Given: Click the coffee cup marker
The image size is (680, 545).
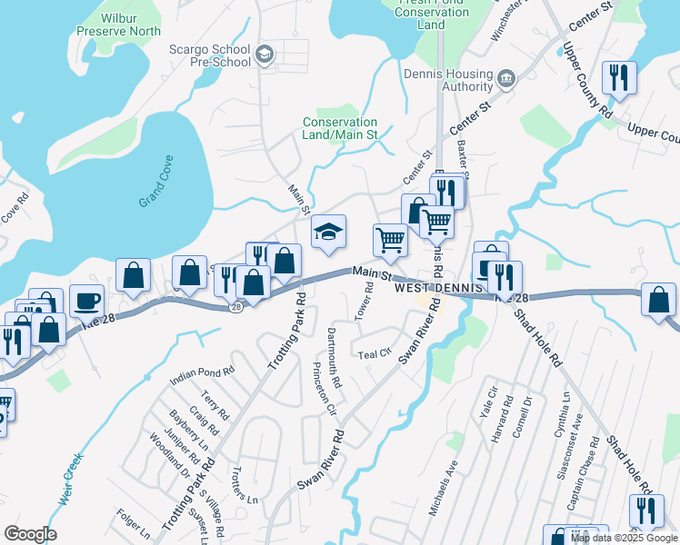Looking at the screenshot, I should coord(87,300).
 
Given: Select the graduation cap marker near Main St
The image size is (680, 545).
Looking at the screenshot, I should coord(328,232).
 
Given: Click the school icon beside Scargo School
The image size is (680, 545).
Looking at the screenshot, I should coord(265,54).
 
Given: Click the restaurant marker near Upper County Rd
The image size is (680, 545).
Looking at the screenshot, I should coord(619,77).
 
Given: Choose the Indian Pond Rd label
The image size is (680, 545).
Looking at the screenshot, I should coord(203,372).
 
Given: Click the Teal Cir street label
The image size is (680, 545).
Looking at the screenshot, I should coord(375,354).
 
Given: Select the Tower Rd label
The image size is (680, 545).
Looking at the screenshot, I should coord(368,299).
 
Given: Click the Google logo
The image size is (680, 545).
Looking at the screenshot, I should coord(30,534).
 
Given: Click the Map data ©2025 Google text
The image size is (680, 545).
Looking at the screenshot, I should coord(625,538).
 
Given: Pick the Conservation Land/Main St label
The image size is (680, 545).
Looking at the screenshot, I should coord(340,128).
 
